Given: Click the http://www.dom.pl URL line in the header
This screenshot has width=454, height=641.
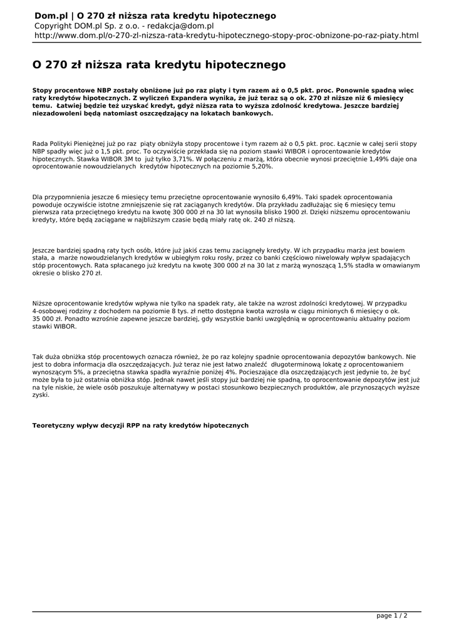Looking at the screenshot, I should tap(226, 36).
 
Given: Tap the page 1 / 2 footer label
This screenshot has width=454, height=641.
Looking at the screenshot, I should tap(391, 616).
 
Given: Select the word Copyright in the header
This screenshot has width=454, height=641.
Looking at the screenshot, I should tap(54, 26).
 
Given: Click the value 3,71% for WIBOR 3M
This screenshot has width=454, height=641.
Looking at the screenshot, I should tap(183, 159).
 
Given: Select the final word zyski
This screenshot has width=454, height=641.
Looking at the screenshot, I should tap(41, 395).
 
